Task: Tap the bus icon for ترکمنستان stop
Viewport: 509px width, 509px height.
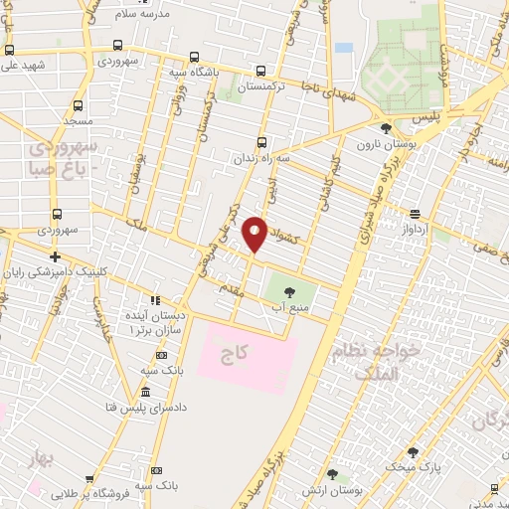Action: pos(260,71)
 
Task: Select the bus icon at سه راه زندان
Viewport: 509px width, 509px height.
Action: pos(262,141)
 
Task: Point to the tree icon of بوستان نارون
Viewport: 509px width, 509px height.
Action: pos(386,128)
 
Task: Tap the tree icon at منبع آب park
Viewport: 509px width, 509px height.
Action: pos(289,291)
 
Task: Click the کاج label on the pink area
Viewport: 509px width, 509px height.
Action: pos(236,352)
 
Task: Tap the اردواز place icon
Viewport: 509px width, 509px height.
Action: pos(415,213)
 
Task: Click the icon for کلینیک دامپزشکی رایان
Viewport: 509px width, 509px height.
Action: pos(56,256)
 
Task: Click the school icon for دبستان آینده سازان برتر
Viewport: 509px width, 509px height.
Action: pos(154,299)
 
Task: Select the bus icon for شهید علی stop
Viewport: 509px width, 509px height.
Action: pos(9,50)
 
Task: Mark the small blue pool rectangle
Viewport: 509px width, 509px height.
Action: pos(344,47)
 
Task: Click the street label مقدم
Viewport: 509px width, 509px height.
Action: pos(237,287)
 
